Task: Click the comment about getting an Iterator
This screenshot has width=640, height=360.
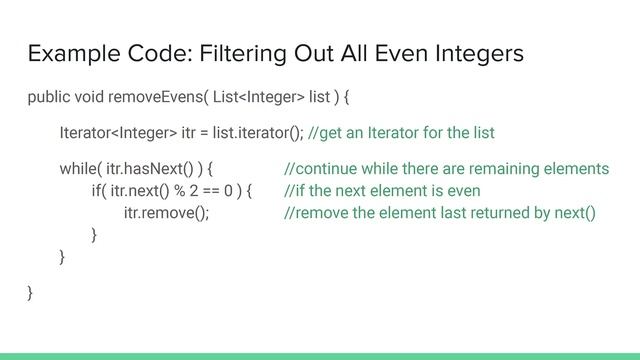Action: (x=402, y=133)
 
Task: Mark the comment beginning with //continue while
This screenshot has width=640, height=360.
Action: (x=446, y=168)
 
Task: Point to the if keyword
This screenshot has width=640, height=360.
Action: (x=97, y=191)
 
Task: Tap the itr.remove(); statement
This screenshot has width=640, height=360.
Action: (x=166, y=213)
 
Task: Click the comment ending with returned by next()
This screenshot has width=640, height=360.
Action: (x=440, y=213)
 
